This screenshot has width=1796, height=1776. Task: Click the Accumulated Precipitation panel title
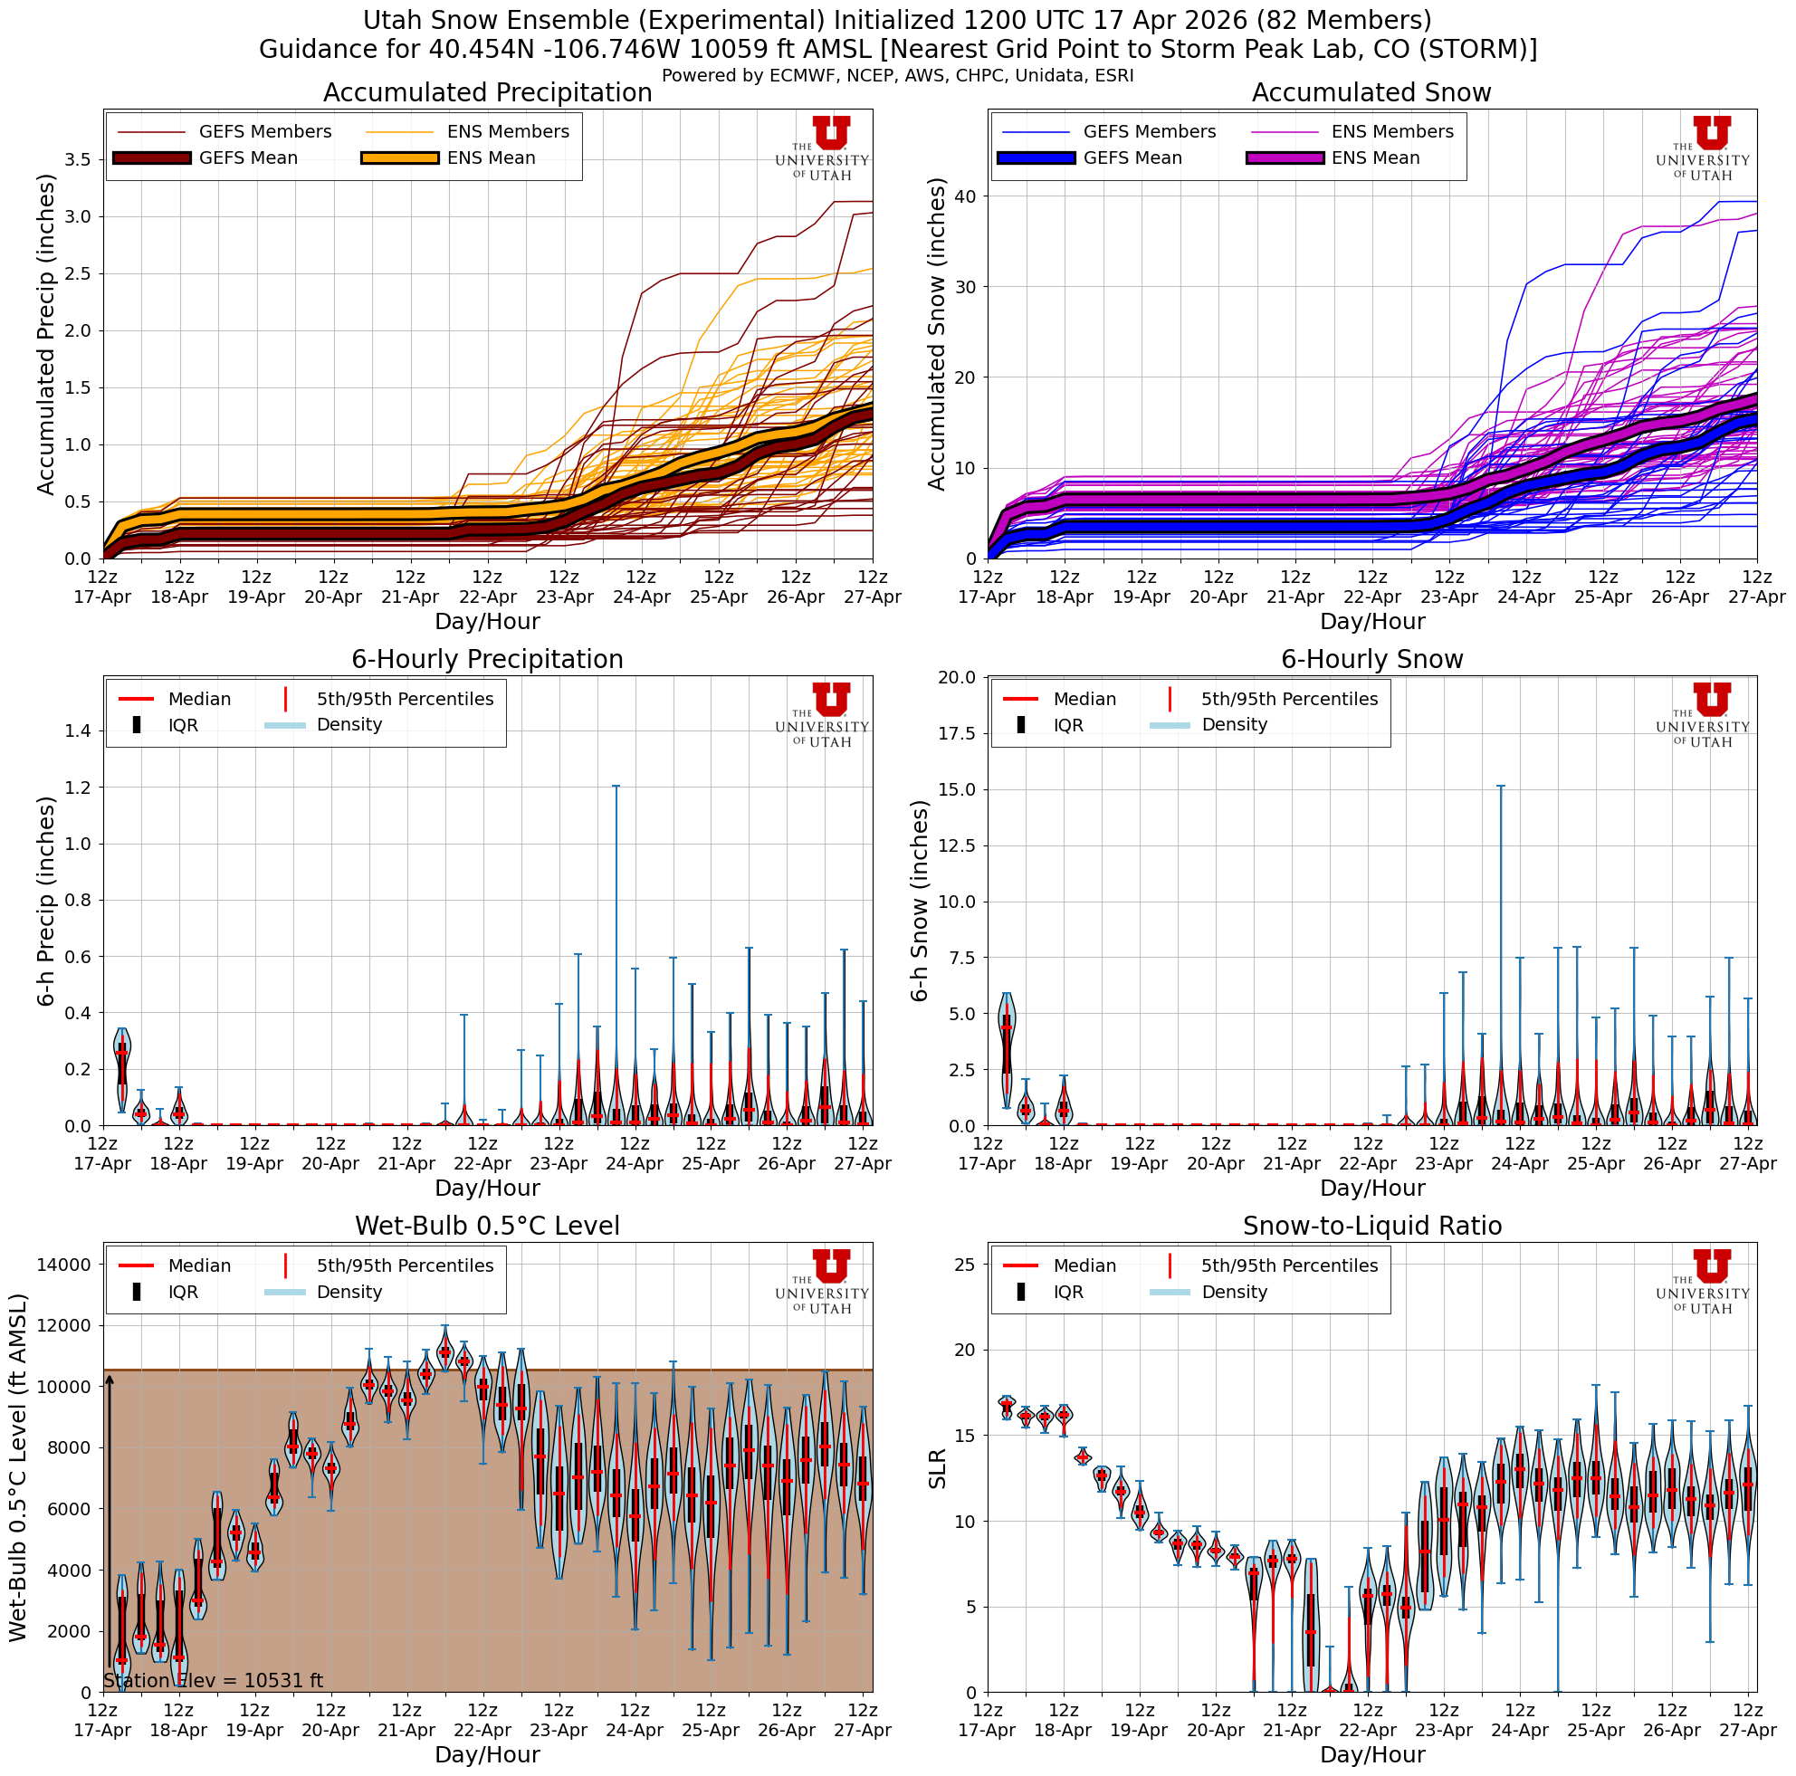coord(487,93)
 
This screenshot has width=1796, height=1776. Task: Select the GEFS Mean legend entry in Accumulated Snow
coord(1132,158)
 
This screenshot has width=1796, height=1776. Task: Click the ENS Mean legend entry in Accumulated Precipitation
coord(491,158)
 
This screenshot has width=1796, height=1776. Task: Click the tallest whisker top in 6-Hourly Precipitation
coord(616,787)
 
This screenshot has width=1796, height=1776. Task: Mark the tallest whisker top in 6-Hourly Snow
coord(1500,787)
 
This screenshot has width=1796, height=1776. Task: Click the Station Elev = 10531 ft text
coord(213,1680)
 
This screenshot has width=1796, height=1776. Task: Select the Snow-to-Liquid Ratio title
coord(1371,1226)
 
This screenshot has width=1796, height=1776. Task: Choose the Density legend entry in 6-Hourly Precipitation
coord(349,725)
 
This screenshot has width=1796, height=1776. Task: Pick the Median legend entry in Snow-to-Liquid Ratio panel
coord(1083,1265)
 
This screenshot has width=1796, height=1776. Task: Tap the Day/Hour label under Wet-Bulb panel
coord(487,1754)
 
